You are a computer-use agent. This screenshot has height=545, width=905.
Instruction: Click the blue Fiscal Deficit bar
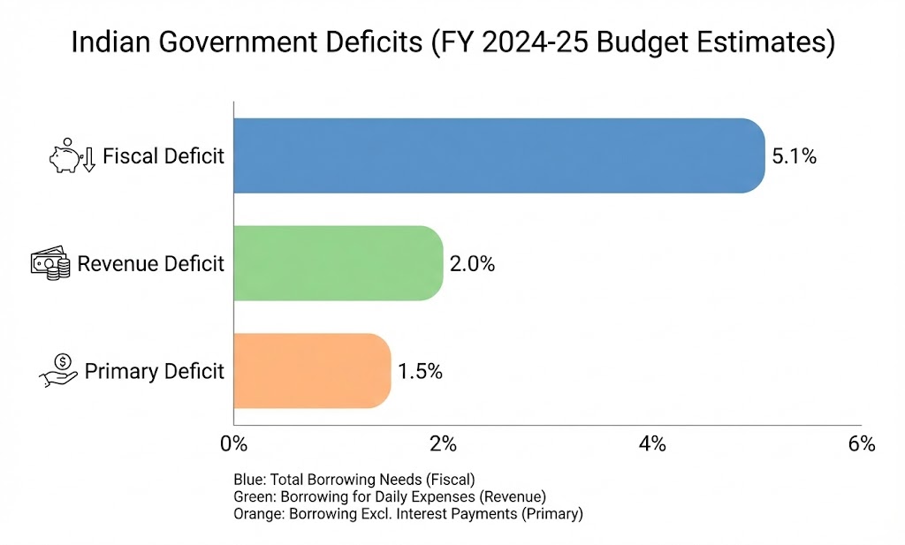click(x=499, y=155)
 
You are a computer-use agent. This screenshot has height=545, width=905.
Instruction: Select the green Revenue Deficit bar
click(x=338, y=263)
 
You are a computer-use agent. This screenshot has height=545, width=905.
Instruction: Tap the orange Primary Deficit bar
click(x=312, y=371)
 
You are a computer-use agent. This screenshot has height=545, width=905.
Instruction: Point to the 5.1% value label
click(x=794, y=156)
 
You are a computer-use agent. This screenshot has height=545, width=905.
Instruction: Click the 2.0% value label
click(x=472, y=264)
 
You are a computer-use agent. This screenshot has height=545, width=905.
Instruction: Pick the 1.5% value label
click(x=420, y=372)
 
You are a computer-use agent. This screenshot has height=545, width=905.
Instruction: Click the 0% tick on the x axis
click(x=233, y=443)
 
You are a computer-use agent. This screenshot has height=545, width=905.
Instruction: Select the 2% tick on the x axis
click(x=443, y=443)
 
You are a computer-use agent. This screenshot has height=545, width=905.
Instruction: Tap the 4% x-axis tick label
click(x=652, y=443)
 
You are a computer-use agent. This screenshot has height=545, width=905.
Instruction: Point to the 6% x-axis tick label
click(x=861, y=443)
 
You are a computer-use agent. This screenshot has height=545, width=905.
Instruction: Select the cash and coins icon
click(x=50, y=264)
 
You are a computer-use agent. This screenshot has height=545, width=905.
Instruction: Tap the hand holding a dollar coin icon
click(x=58, y=370)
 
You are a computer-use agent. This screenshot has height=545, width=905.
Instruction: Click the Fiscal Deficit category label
click(x=164, y=156)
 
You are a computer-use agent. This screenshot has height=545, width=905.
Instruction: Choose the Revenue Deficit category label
click(x=151, y=264)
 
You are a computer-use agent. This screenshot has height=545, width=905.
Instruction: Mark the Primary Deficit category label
click(x=155, y=372)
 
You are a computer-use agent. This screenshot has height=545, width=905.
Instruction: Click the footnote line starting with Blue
click(x=354, y=480)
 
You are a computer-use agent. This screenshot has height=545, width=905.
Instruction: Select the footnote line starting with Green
click(x=389, y=496)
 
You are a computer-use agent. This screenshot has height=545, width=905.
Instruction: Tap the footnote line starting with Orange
click(x=407, y=513)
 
